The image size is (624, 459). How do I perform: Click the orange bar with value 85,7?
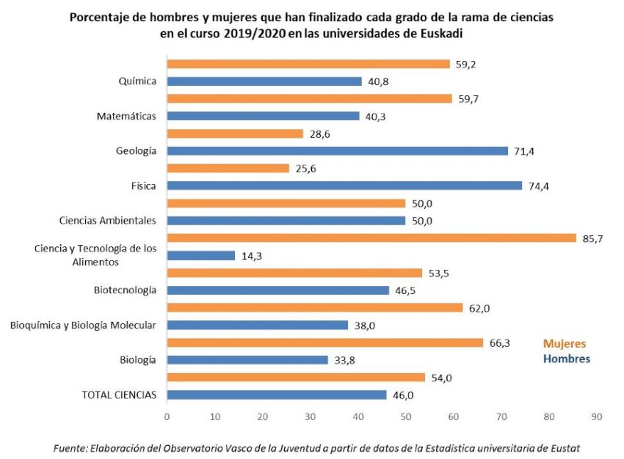371,238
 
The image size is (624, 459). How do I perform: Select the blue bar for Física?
344,186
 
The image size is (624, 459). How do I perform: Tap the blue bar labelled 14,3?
201,255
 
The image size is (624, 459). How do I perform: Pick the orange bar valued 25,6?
228,168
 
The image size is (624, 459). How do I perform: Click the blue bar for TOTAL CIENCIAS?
277,394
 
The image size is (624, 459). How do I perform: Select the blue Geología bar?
338,150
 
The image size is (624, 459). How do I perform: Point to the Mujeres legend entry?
564,343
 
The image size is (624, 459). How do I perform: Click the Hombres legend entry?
566,359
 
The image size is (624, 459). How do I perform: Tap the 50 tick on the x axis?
406,416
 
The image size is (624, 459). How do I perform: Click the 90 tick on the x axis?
596,416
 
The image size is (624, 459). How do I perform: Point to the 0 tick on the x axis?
167,416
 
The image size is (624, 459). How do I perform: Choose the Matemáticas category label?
127,116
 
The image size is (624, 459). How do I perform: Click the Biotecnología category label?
125,290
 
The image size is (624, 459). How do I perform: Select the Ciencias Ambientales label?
108,220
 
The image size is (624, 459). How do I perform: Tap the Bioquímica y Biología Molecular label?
82,325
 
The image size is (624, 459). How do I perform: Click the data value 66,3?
499,342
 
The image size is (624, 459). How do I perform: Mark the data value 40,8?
377,81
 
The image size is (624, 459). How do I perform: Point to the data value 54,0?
440,377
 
